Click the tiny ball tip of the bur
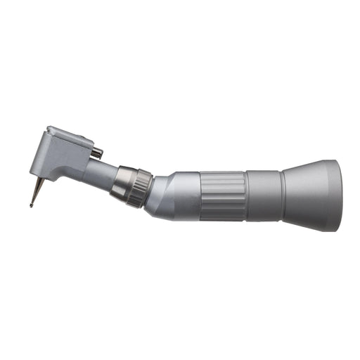(x=32, y=205)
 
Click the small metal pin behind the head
(x=98, y=151)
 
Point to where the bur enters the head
(x=41, y=176)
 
